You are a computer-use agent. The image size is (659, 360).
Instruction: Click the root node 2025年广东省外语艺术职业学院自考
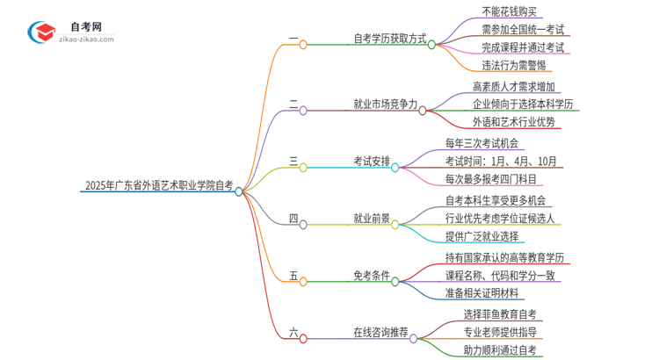point(158,186)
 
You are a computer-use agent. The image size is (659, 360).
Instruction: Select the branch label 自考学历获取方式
point(389,40)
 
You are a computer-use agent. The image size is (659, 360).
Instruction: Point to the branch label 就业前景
point(371,219)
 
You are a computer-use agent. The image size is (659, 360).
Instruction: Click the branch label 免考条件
point(371,277)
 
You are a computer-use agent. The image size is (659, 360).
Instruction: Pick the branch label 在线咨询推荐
point(380,333)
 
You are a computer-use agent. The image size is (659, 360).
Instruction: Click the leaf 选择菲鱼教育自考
point(499,313)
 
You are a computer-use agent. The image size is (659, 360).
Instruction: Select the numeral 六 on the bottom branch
point(293,332)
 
